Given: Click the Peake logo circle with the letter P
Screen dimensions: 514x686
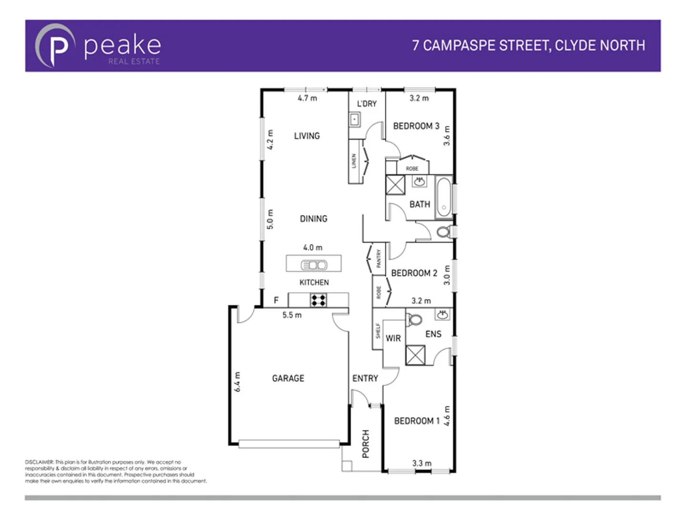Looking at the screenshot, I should click(x=55, y=46).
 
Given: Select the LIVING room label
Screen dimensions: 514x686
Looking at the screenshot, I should click(x=307, y=136).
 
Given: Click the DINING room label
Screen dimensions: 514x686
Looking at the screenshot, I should click(x=313, y=219).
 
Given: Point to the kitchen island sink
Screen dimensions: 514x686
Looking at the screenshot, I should click(x=314, y=265).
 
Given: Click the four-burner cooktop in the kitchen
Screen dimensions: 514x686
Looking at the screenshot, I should click(x=318, y=300).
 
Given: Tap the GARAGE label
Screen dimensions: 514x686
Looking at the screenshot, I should click(x=288, y=378).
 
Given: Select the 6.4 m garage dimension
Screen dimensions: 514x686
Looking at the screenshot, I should click(x=237, y=382).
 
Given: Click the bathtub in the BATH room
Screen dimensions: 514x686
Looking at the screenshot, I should click(x=444, y=197).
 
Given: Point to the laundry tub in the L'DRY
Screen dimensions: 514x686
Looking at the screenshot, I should click(x=354, y=119).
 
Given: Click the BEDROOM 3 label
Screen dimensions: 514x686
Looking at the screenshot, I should click(x=416, y=126).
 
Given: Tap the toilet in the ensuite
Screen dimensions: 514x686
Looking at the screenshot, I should click(x=414, y=320).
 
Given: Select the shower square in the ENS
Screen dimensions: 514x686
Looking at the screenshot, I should click(x=415, y=355).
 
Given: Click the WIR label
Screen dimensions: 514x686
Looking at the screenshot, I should click(x=393, y=338).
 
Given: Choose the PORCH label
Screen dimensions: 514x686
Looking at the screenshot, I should click(x=366, y=444).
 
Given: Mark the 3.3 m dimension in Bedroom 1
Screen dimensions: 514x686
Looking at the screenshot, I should click(x=422, y=463).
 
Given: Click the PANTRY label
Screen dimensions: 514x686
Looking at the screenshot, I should click(x=379, y=258).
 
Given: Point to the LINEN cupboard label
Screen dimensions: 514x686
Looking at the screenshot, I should click(x=354, y=161).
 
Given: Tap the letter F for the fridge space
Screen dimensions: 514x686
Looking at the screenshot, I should click(x=276, y=300).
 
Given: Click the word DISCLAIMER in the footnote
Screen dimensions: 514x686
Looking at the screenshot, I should click(x=40, y=462).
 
